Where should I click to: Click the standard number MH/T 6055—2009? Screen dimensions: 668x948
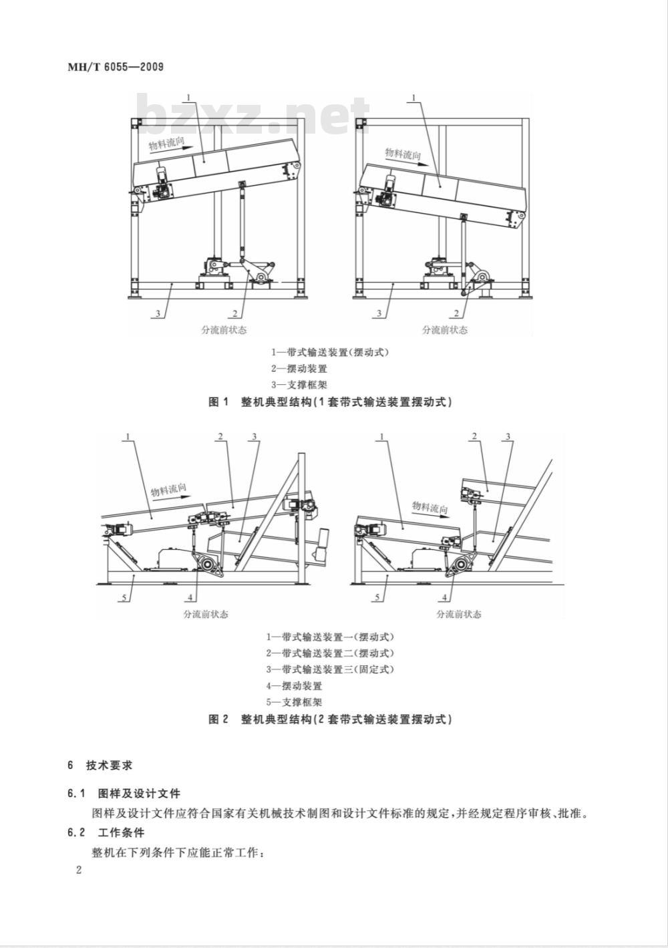coord(116,67)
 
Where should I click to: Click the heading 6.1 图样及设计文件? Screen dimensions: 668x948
coord(124,793)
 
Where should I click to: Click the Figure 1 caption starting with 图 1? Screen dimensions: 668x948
coord(330,402)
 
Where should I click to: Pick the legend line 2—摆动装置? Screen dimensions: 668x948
coord(299,369)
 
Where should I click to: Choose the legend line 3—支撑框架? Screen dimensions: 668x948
coord(299,385)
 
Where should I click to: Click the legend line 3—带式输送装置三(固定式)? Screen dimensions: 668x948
coord(329,669)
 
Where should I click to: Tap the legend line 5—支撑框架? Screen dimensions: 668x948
coord(294,701)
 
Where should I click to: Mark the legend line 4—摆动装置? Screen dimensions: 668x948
coord(294,685)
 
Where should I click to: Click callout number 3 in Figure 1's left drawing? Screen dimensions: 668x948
coord(158,313)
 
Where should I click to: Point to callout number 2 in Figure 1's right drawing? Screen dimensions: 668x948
coord(456,313)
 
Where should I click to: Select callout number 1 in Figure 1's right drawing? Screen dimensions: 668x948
coord(414,98)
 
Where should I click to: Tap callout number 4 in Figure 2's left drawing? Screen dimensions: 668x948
coord(190,597)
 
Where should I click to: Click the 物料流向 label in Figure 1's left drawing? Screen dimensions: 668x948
coord(167,144)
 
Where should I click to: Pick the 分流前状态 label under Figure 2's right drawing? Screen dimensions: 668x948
coord(459,614)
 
